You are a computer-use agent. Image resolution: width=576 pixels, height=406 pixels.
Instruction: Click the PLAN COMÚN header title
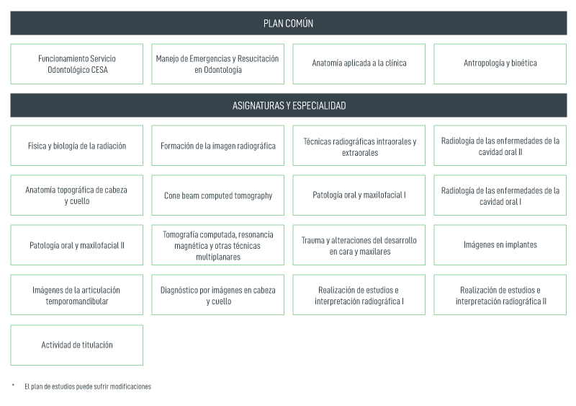[289, 24]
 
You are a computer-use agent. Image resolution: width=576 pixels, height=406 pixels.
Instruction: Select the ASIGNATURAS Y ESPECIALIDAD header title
[289, 105]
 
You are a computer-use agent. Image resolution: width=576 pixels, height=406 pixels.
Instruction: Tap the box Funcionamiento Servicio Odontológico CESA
[77, 64]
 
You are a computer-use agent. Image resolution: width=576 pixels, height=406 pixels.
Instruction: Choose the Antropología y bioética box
[500, 64]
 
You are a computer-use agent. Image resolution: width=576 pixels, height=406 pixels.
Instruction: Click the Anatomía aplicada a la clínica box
[359, 64]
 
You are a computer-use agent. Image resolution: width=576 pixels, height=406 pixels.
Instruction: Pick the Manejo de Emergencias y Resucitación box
[218, 64]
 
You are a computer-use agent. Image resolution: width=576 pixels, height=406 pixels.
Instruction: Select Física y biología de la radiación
[77, 146]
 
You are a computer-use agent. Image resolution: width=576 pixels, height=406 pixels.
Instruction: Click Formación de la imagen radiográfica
[218, 146]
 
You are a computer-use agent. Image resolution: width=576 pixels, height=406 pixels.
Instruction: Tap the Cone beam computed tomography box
[218, 195]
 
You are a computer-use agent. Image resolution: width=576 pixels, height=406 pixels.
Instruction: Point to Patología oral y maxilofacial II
[77, 244]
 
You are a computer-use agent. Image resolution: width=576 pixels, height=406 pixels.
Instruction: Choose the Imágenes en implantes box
[500, 244]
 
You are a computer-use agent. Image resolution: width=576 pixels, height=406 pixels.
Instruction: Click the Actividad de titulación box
[77, 345]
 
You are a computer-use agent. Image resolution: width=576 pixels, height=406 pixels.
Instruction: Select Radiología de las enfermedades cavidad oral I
[500, 195]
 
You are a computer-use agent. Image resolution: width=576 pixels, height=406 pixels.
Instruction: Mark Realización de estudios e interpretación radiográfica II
[500, 294]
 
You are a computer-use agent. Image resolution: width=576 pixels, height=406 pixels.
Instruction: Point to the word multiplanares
[218, 257]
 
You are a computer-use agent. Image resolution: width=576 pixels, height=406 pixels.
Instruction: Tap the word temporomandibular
[77, 301]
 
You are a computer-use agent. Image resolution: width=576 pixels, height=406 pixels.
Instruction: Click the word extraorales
[360, 153]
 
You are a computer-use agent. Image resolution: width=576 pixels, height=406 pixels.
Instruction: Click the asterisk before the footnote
[13, 385]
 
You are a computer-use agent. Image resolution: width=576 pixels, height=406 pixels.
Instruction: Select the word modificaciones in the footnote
[130, 387]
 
